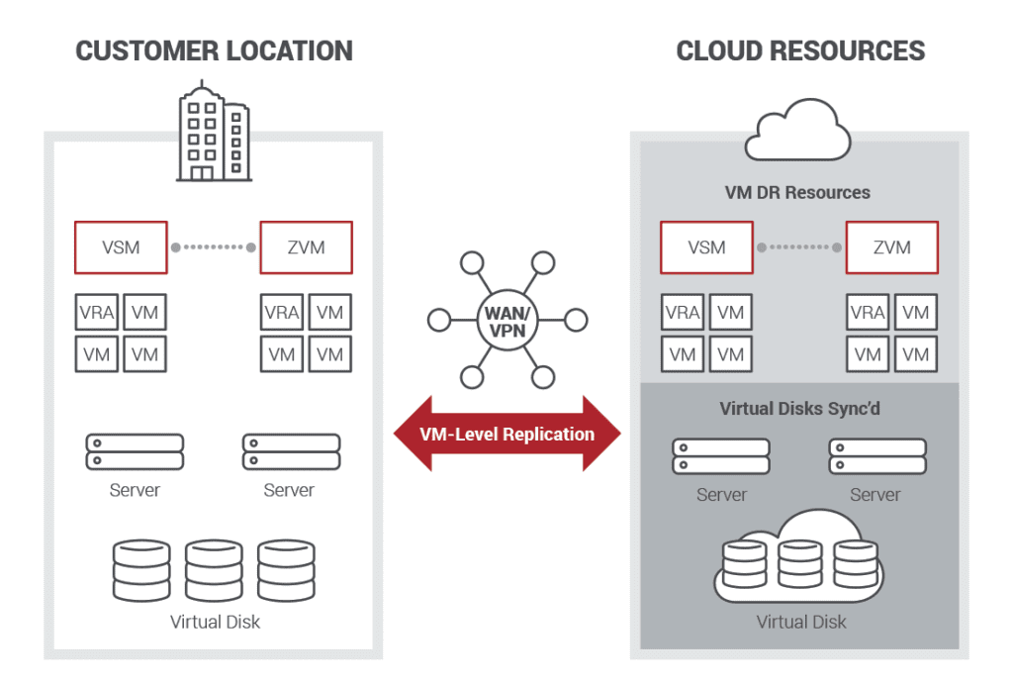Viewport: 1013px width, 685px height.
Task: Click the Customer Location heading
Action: tap(214, 50)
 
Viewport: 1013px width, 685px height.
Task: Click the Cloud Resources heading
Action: tap(800, 50)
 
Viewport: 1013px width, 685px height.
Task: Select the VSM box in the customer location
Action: tap(121, 247)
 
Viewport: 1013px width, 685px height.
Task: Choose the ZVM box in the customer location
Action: tap(306, 247)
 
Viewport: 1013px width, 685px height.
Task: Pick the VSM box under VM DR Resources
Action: tap(706, 247)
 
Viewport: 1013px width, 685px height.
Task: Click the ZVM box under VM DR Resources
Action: tap(891, 247)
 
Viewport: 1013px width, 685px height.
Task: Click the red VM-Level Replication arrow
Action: tap(507, 434)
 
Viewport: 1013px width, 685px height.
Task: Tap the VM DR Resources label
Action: tap(798, 192)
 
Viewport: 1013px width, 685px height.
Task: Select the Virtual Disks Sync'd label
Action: tap(799, 409)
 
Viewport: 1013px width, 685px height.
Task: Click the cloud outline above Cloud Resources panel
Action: tap(799, 130)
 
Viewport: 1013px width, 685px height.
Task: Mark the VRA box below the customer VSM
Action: tap(97, 314)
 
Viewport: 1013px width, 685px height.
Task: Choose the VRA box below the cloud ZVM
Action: tap(868, 314)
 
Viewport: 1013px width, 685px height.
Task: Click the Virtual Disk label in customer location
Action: tap(215, 622)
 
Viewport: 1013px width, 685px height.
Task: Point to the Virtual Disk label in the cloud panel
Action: tap(801, 622)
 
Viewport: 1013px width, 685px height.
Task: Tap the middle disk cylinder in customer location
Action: tap(214, 570)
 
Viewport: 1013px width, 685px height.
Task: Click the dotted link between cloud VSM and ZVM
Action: tap(799, 247)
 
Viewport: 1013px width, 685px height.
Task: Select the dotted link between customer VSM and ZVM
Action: tap(214, 247)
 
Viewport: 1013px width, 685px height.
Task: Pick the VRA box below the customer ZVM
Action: tap(282, 314)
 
